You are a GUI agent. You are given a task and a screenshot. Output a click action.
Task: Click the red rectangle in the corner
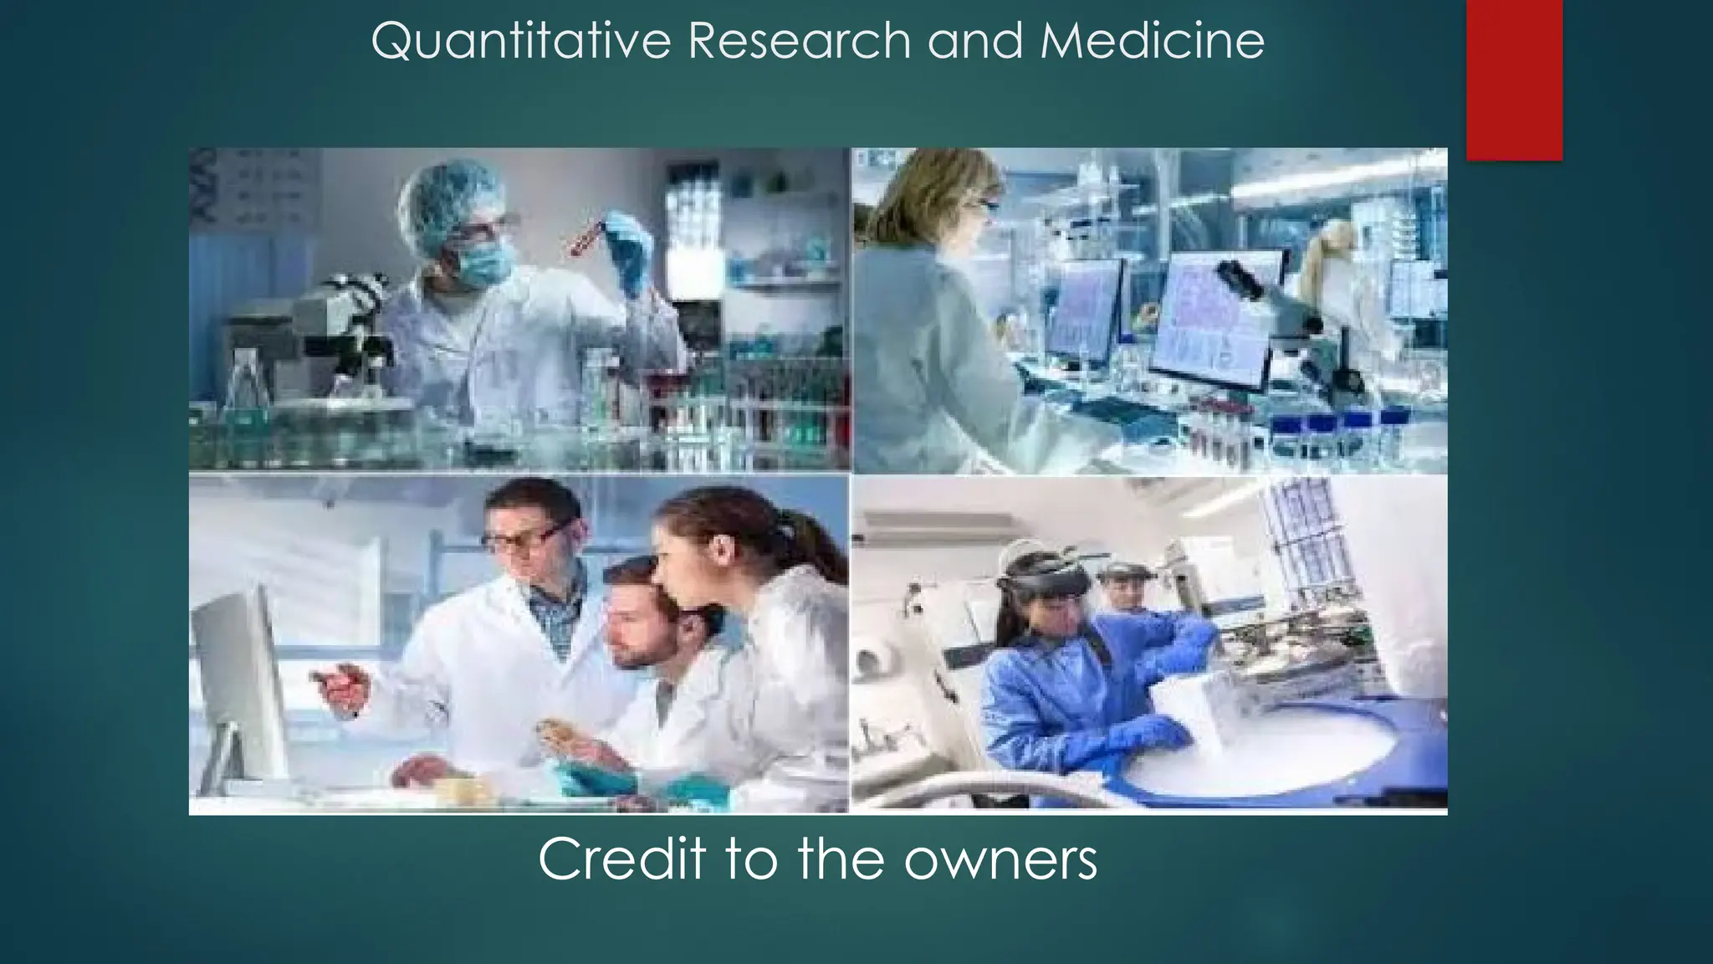tap(1514, 79)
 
